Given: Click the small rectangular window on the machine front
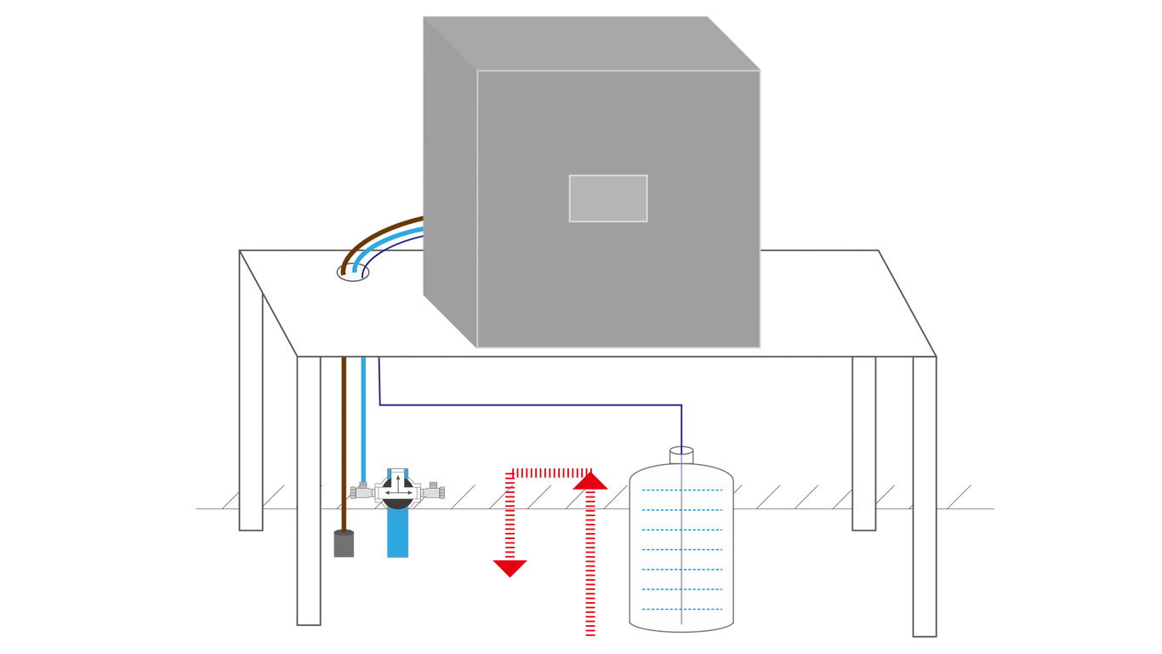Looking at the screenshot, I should click(608, 198).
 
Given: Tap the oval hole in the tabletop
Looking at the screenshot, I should click(352, 273).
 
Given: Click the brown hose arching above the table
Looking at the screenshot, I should click(374, 235).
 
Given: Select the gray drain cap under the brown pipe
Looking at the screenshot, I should click(344, 544).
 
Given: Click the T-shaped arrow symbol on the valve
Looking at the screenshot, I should click(398, 488).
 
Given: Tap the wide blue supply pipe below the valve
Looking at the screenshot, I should click(397, 534).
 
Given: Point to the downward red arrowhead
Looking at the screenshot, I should click(510, 568).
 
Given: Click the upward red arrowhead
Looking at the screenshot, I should click(590, 481).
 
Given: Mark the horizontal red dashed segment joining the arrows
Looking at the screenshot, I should click(551, 473).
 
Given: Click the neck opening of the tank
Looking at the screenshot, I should click(681, 451).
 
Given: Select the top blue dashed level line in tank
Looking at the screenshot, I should click(681, 490).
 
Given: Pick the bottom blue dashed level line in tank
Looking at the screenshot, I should click(681, 609).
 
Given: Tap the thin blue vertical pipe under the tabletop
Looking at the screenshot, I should click(363, 417).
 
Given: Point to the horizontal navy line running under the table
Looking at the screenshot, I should click(527, 404).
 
